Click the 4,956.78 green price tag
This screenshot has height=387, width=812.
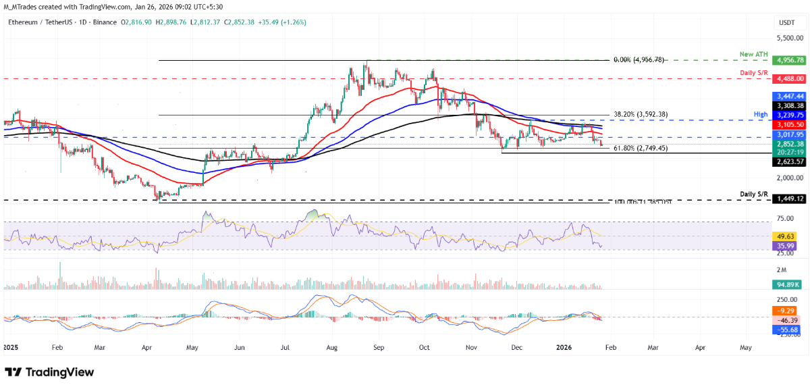point(791,60)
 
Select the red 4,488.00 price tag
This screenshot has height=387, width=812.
point(791,78)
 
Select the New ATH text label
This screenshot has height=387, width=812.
point(753,53)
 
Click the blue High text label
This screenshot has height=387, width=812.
point(761,115)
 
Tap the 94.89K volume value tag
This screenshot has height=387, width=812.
point(789,284)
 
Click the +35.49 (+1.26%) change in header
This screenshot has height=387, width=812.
point(283,22)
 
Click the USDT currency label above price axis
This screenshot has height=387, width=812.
point(787,22)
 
